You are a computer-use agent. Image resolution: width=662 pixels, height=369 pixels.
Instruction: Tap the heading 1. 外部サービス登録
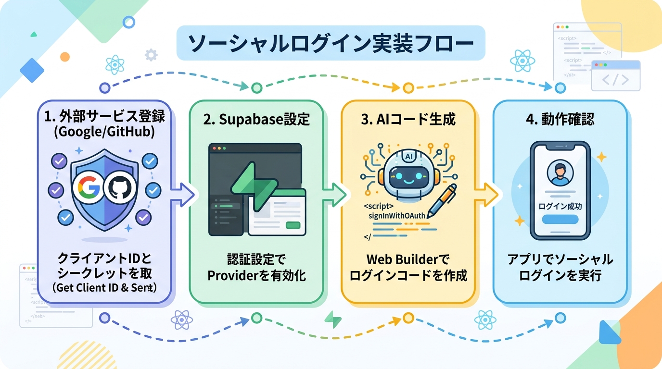tap(104, 116)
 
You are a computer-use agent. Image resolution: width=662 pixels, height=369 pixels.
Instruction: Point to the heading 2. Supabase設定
tap(256, 120)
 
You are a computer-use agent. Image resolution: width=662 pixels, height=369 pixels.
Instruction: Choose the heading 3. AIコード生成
tap(408, 120)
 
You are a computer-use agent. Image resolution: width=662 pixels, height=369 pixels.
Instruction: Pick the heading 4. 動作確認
tap(560, 120)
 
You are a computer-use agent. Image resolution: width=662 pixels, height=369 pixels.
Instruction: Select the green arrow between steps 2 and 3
tap(336, 195)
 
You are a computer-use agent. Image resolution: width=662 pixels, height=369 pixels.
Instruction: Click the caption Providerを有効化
tap(256, 276)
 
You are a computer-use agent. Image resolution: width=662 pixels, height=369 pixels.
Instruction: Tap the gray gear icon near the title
tap(151, 55)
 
